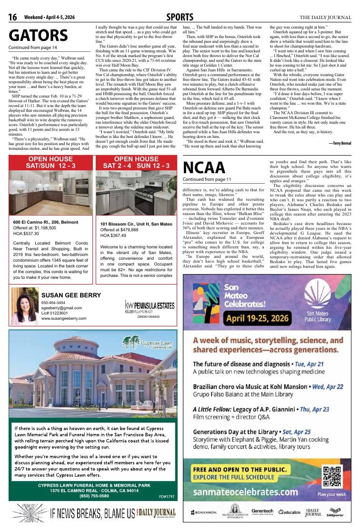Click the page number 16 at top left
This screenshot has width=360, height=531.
[x=13, y=18]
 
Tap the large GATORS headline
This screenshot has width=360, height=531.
[x=38, y=36]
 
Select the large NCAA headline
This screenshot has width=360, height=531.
[x=204, y=167]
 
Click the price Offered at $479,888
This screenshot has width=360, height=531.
[x=120, y=230]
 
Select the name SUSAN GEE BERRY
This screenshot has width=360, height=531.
[x=71, y=295]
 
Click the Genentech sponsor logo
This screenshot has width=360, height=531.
[x=262, y=511]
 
